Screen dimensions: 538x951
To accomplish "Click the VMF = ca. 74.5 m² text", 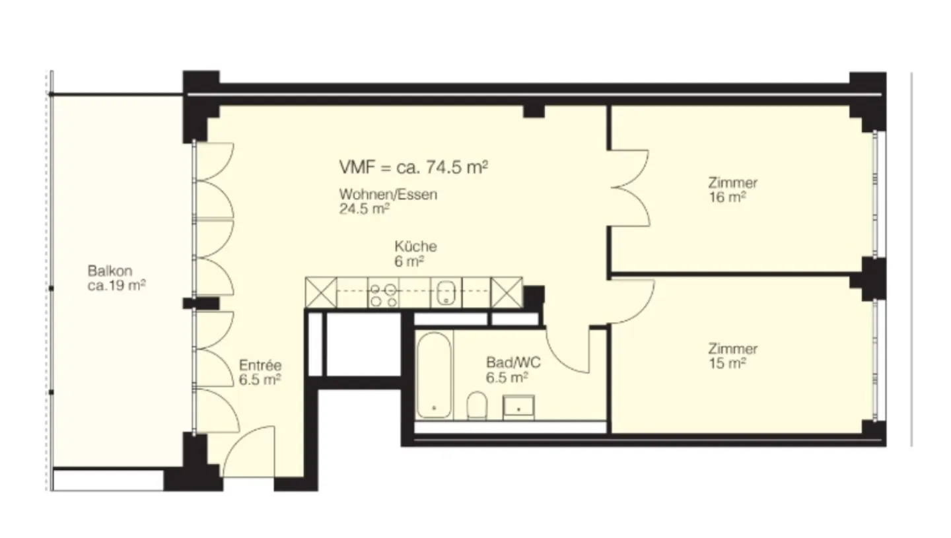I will [x=413, y=167].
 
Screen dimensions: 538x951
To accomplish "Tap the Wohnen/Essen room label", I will [x=388, y=195].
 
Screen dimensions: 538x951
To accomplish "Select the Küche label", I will [x=415, y=246].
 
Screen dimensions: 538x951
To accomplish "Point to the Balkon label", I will [x=110, y=271].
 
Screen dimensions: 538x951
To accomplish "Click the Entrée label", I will [x=260, y=365].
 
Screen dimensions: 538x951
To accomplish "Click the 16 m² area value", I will [x=726, y=197].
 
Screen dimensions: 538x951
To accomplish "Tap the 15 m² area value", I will [x=726, y=363].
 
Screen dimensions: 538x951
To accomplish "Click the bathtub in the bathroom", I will [x=434, y=374].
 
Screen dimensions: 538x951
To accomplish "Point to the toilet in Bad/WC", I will [x=477, y=405].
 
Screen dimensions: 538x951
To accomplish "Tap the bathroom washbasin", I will [x=519, y=407].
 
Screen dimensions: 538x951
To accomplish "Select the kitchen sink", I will [x=447, y=292].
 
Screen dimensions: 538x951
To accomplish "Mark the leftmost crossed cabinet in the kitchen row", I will [x=321, y=292].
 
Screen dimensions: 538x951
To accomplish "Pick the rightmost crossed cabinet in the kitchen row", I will [x=507, y=292].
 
